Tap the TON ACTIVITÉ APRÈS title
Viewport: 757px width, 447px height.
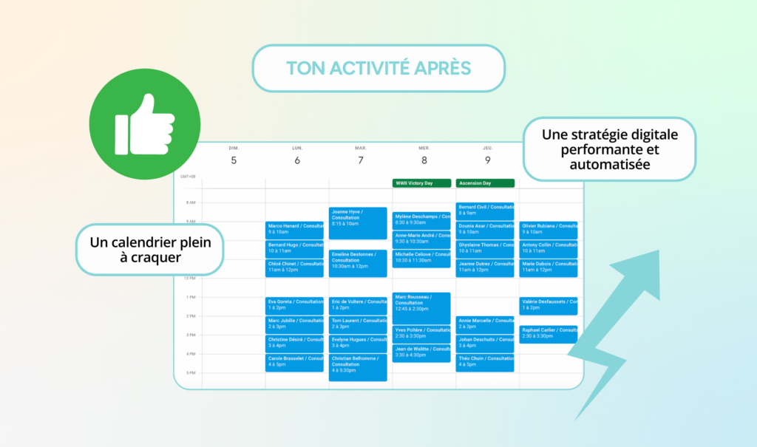pyautogui.click(x=378, y=68)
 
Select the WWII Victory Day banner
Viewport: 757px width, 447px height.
pyautogui.click(x=421, y=182)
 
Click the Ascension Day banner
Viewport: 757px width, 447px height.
pyautogui.click(x=485, y=182)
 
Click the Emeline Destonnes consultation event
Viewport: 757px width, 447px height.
pyautogui.click(x=358, y=263)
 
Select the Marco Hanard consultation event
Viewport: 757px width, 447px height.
pyautogui.click(x=294, y=229)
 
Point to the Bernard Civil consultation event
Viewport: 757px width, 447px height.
pyautogui.click(x=485, y=211)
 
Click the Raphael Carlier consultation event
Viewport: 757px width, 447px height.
pyautogui.click(x=548, y=334)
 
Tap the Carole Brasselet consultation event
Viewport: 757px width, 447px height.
pyautogui.click(x=294, y=362)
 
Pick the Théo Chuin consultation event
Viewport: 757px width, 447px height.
pyautogui.click(x=485, y=362)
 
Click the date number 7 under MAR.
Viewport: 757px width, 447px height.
pyautogui.click(x=360, y=160)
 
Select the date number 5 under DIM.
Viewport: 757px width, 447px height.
pyautogui.click(x=234, y=160)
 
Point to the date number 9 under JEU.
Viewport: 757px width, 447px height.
pyautogui.click(x=487, y=160)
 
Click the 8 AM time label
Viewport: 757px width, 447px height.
pyautogui.click(x=190, y=202)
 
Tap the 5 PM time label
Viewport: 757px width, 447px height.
pyautogui.click(x=190, y=373)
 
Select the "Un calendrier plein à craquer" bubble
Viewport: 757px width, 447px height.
pyautogui.click(x=149, y=250)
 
